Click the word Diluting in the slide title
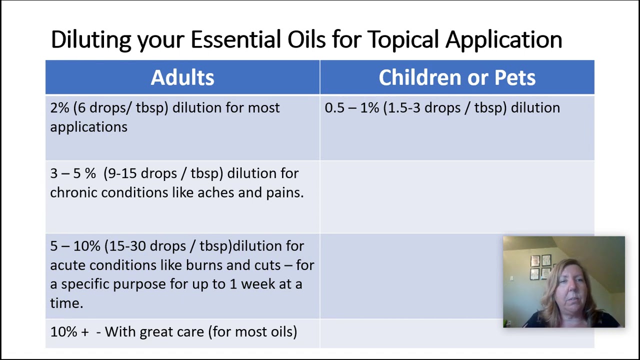91,40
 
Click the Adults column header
182,77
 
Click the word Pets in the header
514,77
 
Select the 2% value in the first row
59,108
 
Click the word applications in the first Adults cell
88,127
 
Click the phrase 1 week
252,284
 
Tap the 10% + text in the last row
69,332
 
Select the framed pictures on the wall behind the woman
541,267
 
